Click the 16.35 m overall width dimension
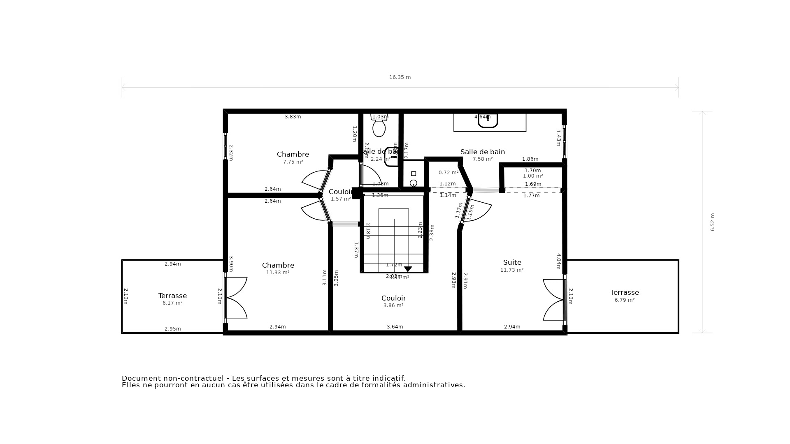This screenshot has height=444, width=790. (x=400, y=77)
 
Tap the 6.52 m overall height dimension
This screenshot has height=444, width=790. (x=712, y=222)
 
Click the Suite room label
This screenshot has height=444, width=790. (x=512, y=262)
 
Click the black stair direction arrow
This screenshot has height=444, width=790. (x=408, y=269)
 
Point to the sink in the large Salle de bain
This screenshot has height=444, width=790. (x=488, y=120)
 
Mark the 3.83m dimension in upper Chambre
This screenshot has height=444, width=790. (x=293, y=117)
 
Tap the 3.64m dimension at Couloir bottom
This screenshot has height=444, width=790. (x=395, y=327)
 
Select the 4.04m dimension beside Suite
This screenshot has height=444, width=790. (x=558, y=261)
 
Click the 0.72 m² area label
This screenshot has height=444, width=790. (x=448, y=173)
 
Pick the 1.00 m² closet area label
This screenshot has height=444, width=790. (x=532, y=176)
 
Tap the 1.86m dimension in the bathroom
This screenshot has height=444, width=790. (x=530, y=159)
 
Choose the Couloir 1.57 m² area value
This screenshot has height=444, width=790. (x=341, y=199)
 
